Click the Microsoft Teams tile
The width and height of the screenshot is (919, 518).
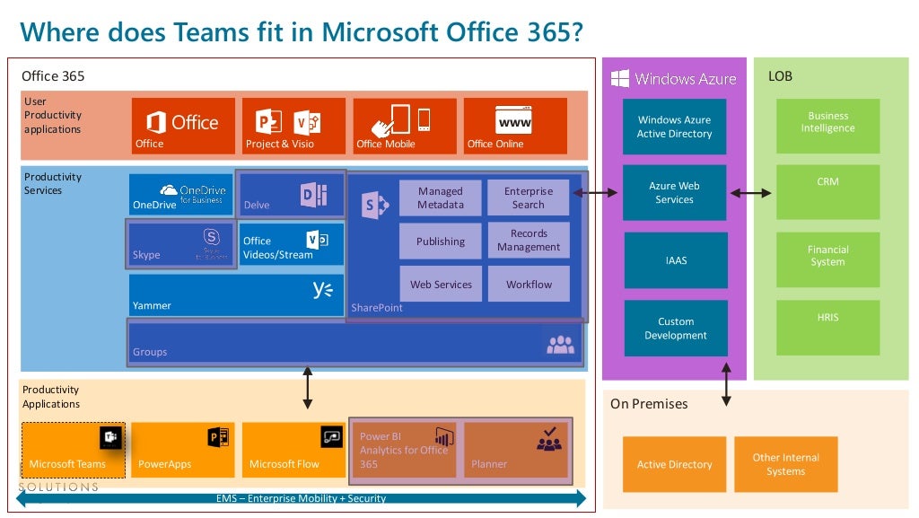pos(73,450)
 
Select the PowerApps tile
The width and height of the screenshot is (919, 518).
pos(183,450)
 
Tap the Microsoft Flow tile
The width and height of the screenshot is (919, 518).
pos(293,450)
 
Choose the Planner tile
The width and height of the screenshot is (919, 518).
pos(516,450)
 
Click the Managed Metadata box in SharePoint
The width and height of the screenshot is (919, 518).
pos(440,198)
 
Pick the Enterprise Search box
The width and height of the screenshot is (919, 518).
pos(528,198)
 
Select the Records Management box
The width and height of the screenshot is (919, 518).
pos(528,241)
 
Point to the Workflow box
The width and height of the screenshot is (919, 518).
pos(528,284)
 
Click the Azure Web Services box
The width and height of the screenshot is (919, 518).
pos(675,193)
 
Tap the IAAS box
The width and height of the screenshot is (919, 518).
pos(675,260)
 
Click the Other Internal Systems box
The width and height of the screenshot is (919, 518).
pos(785,464)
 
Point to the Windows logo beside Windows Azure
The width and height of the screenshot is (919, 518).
pos(620,78)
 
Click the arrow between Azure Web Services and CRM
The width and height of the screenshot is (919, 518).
pos(751,193)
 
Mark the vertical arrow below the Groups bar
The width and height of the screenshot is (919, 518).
pos(308,388)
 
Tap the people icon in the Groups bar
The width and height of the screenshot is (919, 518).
pos(559,344)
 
